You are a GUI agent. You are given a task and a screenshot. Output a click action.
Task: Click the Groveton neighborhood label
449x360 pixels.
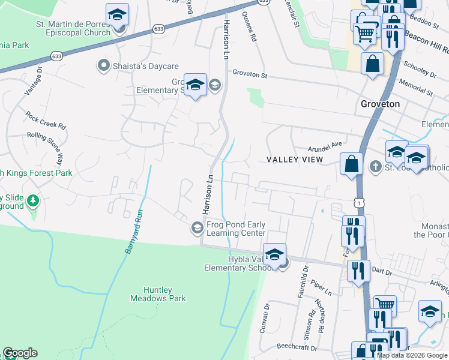[380, 103]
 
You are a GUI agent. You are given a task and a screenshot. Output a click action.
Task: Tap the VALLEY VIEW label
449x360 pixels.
[294, 160]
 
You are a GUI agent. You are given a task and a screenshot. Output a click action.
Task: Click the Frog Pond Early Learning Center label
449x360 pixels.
[236, 229]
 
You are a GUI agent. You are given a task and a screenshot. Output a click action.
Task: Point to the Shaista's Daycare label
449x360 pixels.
[142, 67]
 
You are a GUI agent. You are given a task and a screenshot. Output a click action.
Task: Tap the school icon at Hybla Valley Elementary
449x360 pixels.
[274, 254]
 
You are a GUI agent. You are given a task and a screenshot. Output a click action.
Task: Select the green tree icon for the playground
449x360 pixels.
[34, 200]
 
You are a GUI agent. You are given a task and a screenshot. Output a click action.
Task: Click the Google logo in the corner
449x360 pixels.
[20, 353]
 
